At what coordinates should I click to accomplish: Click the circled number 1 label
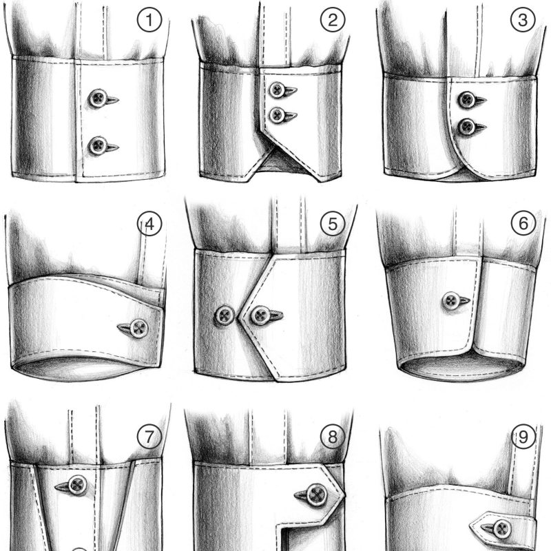coord(149,20)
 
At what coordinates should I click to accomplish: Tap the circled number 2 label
coord(333,20)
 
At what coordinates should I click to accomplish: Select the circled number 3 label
coord(523,20)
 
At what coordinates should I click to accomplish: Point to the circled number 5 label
coord(333,223)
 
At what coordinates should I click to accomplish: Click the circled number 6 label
coord(523,222)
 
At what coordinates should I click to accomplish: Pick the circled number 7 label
coord(149,437)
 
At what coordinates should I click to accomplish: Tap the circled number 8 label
coord(333,437)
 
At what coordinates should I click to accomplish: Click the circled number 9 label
coord(523,437)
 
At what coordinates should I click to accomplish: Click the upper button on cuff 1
coord(98,98)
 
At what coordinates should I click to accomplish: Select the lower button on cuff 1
coord(97,146)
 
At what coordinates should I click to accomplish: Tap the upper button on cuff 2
coord(278,90)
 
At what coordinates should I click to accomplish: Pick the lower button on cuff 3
coord(468,127)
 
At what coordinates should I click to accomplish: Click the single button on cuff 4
coord(139,329)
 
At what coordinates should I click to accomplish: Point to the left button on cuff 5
coord(225,315)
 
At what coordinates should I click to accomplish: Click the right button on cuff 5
coord(261,315)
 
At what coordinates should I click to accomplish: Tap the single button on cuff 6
coord(451,301)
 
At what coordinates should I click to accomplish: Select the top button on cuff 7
coord(77,486)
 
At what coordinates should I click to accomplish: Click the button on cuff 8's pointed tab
coord(318,495)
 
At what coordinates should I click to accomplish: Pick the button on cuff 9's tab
coord(502,530)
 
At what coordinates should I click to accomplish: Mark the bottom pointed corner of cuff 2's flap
coord(320,181)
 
